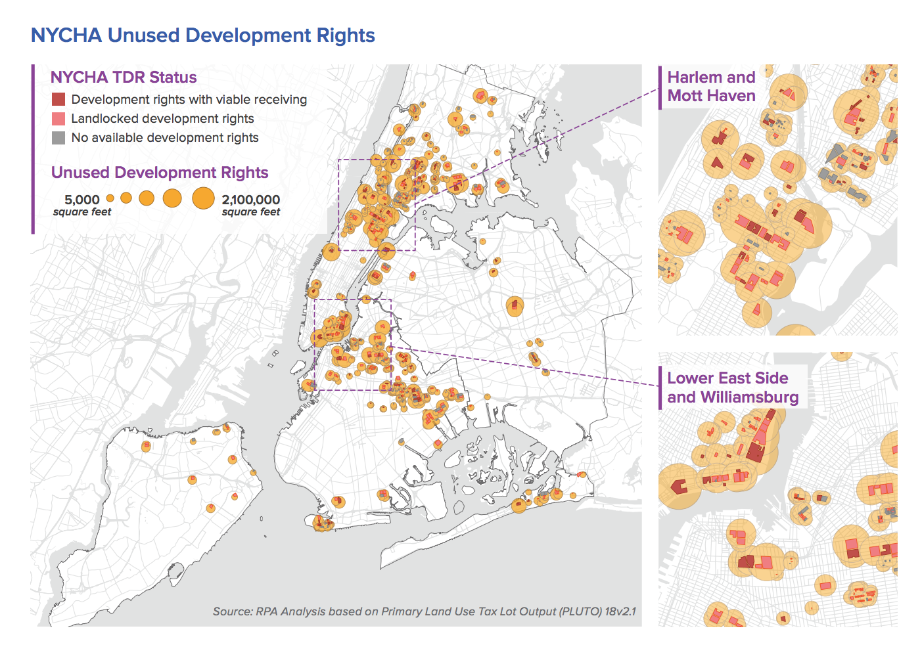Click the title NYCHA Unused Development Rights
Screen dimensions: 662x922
(x=203, y=35)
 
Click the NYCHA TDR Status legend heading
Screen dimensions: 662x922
(x=124, y=77)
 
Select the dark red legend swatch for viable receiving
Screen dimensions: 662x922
(x=58, y=99)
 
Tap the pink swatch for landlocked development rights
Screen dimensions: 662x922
(x=58, y=119)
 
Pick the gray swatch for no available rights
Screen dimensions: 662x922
(x=58, y=138)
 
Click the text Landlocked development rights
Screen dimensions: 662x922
(x=162, y=119)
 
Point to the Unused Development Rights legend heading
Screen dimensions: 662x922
(x=160, y=173)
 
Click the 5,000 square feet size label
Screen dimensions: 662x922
(x=82, y=204)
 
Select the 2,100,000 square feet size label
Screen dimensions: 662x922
(x=250, y=204)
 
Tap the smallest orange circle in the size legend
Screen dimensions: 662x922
(x=110, y=198)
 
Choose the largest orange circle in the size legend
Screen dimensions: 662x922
(x=203, y=198)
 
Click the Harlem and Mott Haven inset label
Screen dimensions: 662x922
(x=711, y=87)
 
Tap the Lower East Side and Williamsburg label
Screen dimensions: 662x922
(x=732, y=387)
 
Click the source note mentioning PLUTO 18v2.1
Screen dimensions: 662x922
(x=424, y=611)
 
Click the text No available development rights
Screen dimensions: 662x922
(x=165, y=138)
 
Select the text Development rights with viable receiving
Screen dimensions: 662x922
(x=189, y=100)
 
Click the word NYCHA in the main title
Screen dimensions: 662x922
(x=66, y=35)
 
